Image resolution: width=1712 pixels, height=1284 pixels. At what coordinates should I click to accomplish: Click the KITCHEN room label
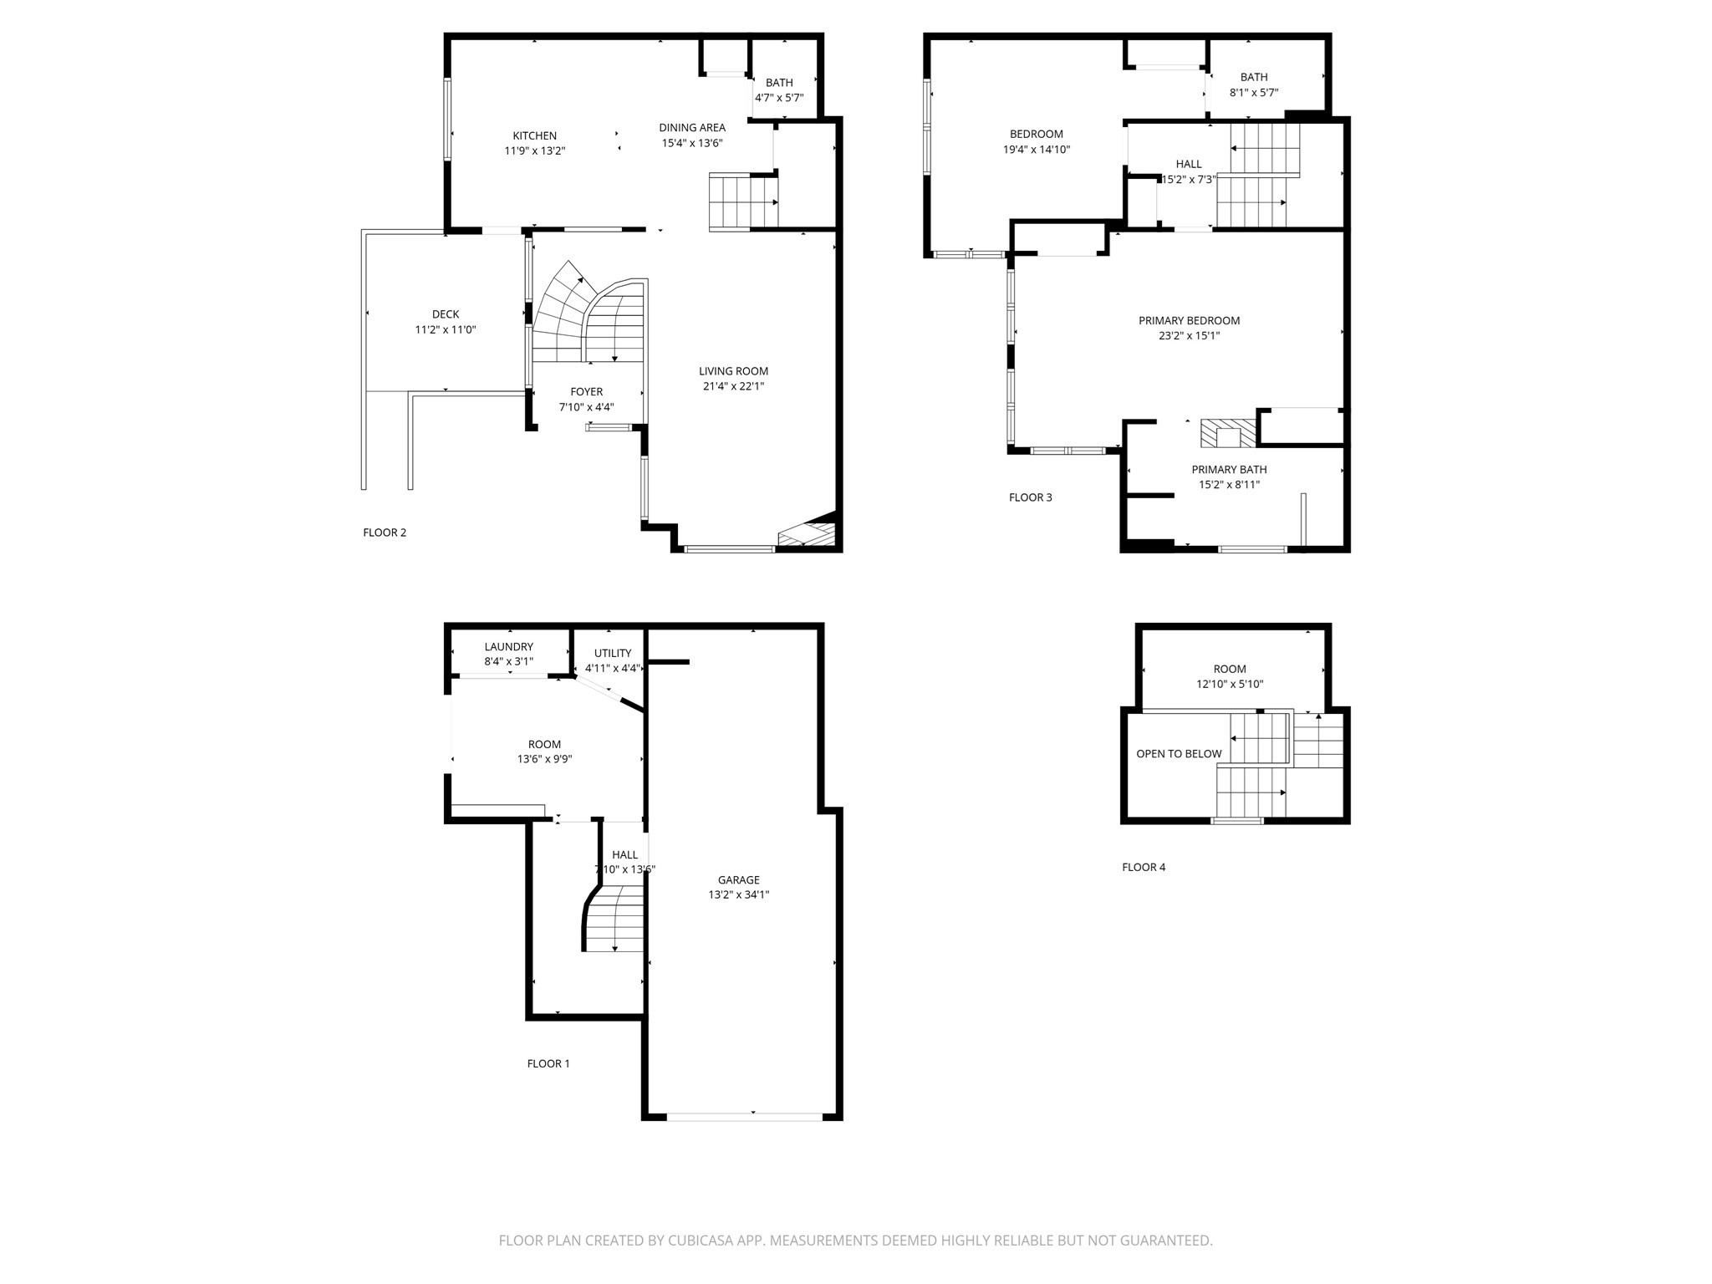(534, 135)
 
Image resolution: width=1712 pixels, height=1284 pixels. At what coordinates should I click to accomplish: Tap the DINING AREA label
(692, 127)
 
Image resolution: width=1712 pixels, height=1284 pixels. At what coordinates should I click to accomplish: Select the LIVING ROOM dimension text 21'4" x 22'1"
(734, 386)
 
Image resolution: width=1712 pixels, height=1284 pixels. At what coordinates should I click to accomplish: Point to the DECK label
(446, 314)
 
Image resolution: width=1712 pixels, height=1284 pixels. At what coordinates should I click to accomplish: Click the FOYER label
(587, 391)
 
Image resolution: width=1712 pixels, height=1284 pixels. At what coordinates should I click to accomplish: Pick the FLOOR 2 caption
(385, 532)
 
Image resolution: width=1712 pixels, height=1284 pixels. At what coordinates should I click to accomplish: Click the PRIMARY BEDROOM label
(1190, 320)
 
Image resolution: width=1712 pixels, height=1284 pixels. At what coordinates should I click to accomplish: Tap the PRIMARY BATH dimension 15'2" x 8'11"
(1230, 484)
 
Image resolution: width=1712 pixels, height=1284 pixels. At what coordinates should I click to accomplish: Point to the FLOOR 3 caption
(1031, 497)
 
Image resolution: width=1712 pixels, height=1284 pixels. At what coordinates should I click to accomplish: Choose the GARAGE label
(739, 879)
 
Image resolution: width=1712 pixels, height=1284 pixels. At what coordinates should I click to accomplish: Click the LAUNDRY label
(509, 646)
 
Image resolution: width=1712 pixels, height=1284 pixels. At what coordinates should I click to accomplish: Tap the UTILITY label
(613, 653)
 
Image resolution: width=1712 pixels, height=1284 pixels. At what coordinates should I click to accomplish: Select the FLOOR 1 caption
(548, 1063)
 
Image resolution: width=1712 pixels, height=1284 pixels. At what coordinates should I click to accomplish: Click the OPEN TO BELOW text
(1179, 753)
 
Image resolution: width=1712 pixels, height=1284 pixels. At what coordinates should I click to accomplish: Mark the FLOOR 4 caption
(1144, 867)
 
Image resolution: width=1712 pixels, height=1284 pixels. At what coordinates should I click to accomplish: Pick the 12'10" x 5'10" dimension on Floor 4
(1230, 684)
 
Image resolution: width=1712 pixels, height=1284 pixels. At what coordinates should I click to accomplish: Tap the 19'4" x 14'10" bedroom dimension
(1037, 150)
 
